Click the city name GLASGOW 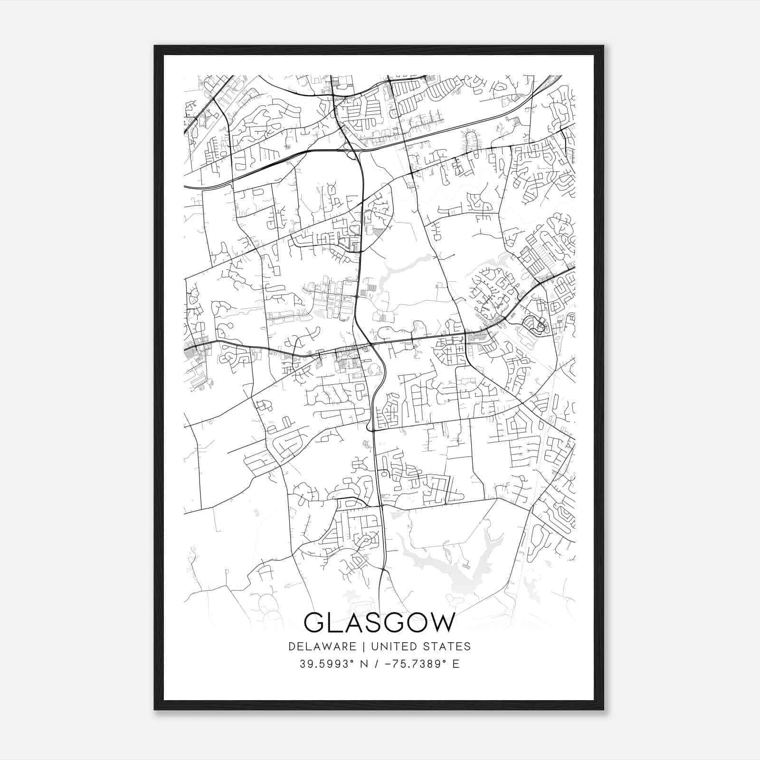click(379, 623)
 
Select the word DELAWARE click(322, 646)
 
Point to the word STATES click(448, 646)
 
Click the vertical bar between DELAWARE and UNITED click(363, 646)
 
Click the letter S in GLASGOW click(372, 623)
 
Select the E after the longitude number click(456, 664)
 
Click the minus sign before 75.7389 click(388, 664)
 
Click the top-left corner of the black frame click(155, 47)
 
